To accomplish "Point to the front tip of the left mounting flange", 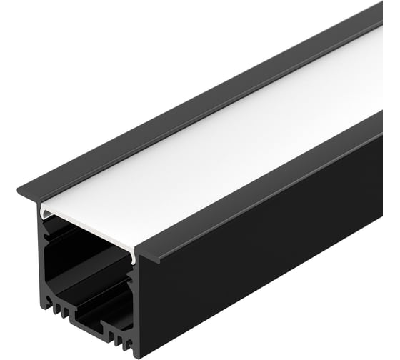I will click(21, 192).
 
